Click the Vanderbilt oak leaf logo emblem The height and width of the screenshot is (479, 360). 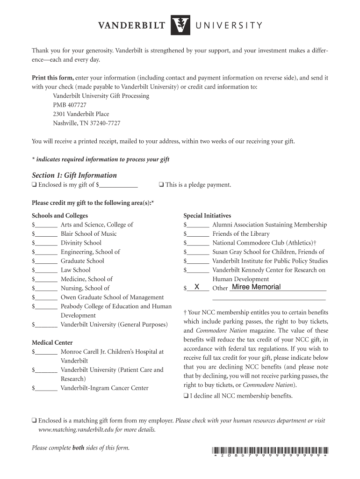(x=180, y=25)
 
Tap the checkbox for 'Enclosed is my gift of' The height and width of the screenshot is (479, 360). (x=34, y=185)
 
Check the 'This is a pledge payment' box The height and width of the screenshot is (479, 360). (x=161, y=185)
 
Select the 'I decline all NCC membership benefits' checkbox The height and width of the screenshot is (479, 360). (x=186, y=396)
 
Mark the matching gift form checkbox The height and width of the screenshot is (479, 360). (x=34, y=421)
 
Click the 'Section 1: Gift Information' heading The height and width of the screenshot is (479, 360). (x=74, y=175)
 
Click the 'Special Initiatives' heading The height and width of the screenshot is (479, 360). (x=207, y=216)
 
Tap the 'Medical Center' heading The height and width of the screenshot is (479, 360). (x=52, y=342)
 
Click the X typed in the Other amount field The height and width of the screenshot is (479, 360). (x=197, y=287)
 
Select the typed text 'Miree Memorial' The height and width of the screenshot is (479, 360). (x=256, y=287)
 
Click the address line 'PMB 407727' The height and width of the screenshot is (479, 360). (x=69, y=105)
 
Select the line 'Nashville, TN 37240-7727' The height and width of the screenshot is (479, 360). (x=86, y=123)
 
